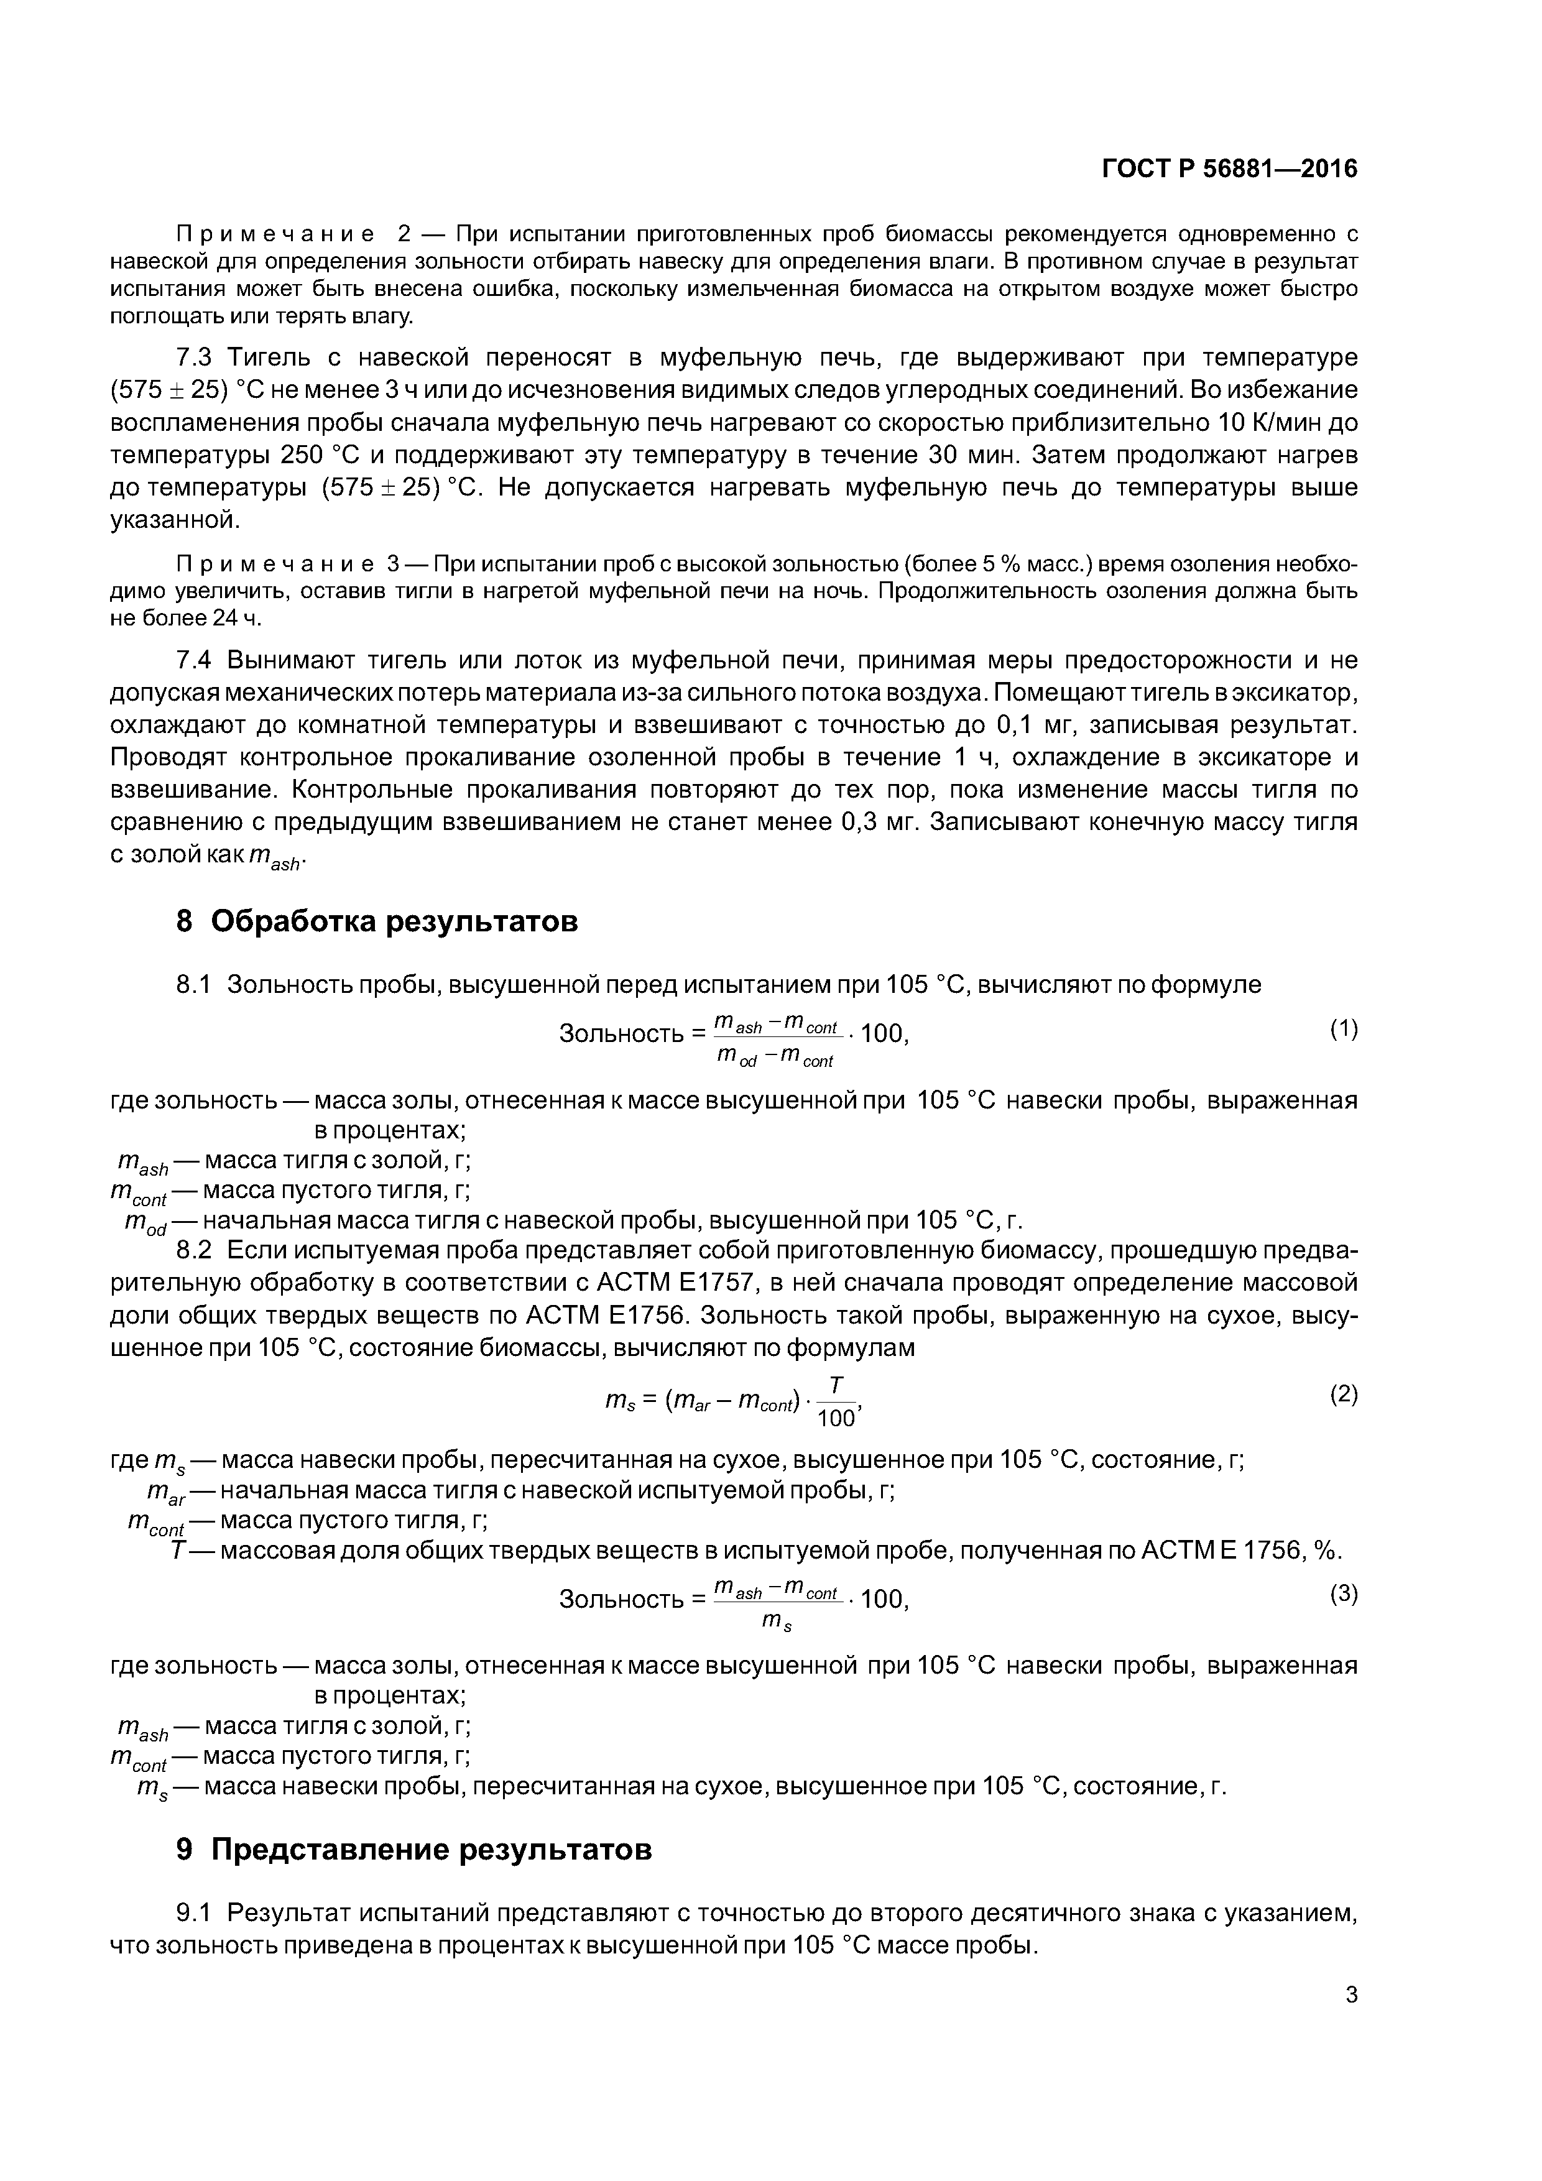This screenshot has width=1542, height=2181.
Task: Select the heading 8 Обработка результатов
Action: [377, 921]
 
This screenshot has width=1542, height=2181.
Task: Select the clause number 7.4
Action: [198, 659]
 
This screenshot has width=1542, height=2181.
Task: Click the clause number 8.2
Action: [198, 1249]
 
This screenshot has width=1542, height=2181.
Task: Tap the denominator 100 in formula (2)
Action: [835, 1418]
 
